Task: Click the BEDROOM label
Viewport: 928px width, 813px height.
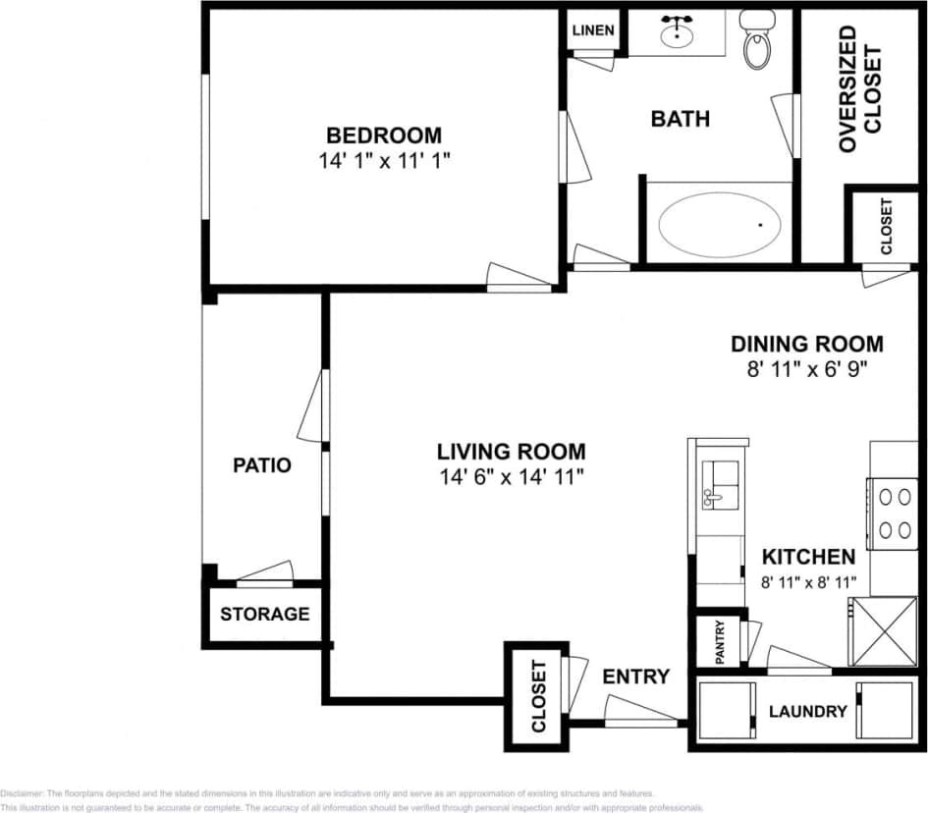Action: [384, 135]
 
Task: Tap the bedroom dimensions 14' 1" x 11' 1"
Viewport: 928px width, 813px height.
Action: [384, 160]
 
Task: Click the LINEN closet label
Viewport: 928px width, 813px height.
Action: [593, 30]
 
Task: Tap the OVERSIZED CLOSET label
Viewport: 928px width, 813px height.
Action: [860, 90]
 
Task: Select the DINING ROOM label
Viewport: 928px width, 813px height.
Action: [806, 345]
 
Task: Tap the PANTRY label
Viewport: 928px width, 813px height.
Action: [720, 642]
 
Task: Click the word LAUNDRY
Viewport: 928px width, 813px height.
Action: [807, 711]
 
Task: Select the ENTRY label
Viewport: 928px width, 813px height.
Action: [635, 677]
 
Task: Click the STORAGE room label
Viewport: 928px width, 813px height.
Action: [264, 615]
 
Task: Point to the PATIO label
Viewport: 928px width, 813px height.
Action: [261, 465]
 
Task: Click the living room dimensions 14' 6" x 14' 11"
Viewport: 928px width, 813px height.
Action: [512, 478]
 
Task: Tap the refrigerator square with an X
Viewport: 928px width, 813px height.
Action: [881, 632]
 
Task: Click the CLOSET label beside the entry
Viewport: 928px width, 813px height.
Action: [538, 697]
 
